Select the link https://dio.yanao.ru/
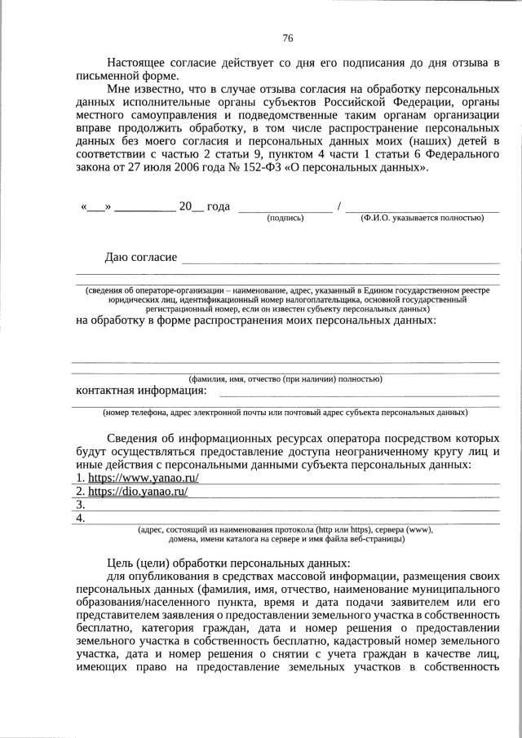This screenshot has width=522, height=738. pos(138,492)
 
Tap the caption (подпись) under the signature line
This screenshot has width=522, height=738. pos(285,218)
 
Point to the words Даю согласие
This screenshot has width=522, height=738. pos(141,258)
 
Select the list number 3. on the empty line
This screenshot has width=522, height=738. pos(81,506)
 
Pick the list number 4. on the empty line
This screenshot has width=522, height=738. pos(81,519)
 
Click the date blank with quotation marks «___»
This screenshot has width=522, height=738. pos(96,206)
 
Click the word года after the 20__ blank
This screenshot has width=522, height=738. pos(219,206)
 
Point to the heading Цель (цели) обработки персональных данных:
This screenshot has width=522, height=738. pos(228,563)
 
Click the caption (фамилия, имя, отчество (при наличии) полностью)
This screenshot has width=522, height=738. pos(285,379)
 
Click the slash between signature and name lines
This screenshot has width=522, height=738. pos(338,206)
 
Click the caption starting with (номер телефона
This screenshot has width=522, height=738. pos(285,412)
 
